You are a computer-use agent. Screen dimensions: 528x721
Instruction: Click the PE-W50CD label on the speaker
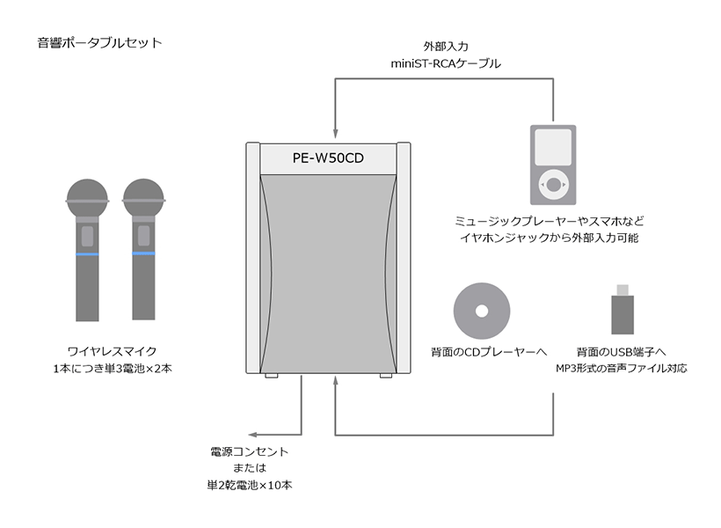point(328,158)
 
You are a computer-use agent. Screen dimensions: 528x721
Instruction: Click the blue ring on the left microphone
point(87,253)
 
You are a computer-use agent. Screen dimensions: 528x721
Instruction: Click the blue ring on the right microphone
point(142,253)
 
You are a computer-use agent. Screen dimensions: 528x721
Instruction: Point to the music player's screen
point(553,147)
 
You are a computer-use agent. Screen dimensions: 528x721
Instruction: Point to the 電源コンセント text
point(250,452)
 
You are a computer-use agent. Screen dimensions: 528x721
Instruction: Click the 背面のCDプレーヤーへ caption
point(482,351)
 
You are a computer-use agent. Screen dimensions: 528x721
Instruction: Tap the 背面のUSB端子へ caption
point(623,351)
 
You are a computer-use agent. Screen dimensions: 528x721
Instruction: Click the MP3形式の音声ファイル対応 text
point(622,368)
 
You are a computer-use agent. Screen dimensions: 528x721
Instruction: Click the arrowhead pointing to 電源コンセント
point(251,435)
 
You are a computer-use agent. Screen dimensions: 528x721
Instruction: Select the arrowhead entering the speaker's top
point(336,129)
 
